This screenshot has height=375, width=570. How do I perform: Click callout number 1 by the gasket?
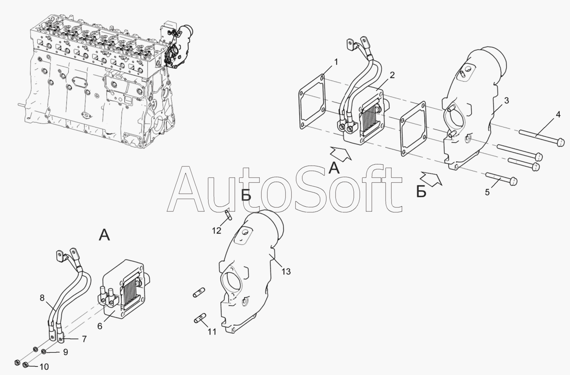[336, 62]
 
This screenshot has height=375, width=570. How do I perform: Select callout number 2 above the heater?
[392, 75]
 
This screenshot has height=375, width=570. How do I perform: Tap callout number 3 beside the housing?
[507, 101]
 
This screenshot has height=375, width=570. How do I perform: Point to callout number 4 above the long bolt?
[558, 115]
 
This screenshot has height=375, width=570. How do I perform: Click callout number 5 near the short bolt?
[487, 192]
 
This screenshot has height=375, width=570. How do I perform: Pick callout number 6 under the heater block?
[100, 326]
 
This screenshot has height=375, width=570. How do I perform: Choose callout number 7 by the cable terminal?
[84, 339]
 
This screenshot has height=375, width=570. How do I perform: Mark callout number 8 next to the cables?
[42, 298]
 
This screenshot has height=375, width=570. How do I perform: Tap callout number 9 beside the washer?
[65, 352]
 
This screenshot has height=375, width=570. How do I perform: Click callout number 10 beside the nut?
[44, 367]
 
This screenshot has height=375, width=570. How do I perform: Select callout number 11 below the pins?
[212, 332]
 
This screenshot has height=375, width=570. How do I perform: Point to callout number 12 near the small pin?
[217, 231]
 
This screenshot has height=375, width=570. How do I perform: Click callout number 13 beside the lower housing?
[286, 271]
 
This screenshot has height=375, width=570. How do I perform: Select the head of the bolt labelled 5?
[514, 181]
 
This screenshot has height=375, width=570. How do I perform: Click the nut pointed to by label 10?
[25, 365]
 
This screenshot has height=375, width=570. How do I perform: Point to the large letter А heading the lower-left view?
[104, 235]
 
